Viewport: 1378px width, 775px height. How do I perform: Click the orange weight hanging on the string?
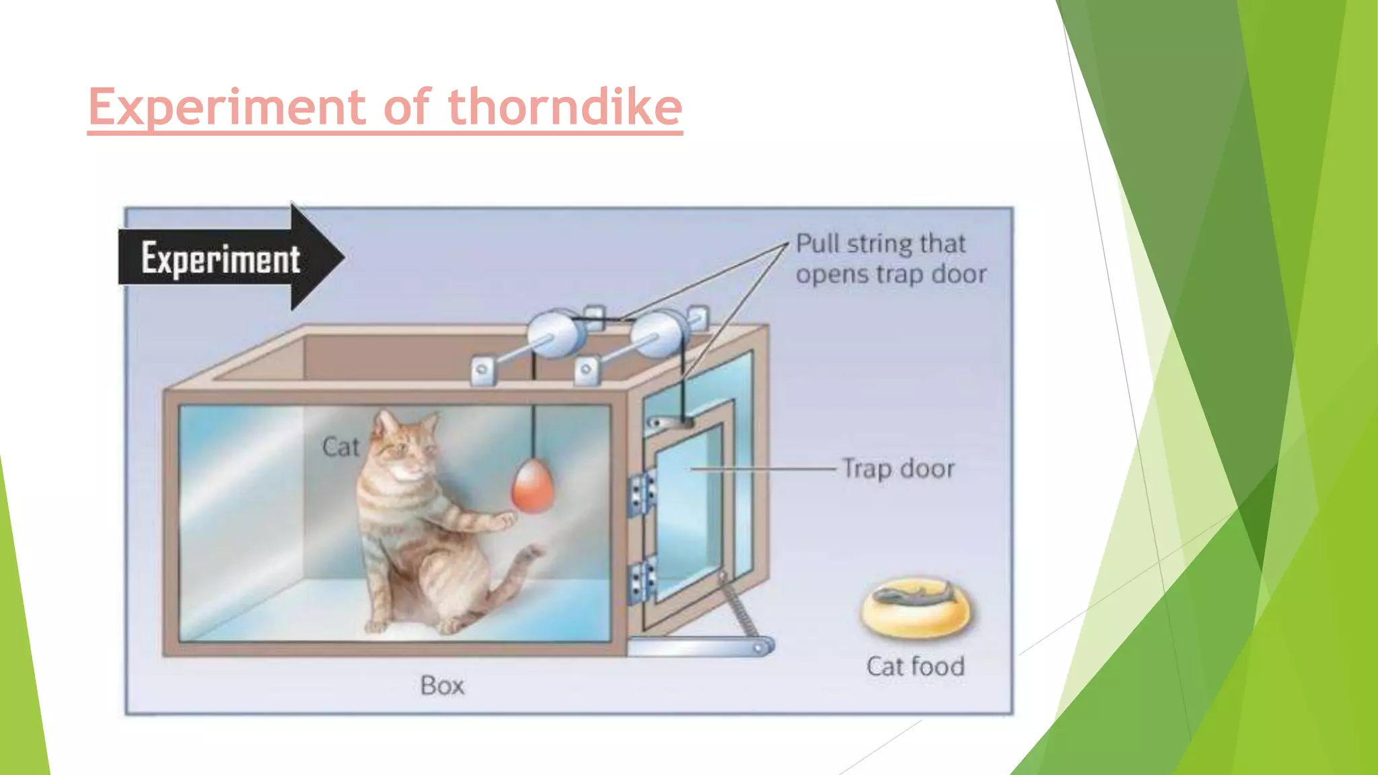pos(533,486)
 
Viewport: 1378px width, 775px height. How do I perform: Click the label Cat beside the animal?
pos(340,447)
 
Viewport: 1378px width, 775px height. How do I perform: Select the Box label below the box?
pos(442,686)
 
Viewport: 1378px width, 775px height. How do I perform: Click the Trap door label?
pos(898,469)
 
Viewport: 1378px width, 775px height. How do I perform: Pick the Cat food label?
pos(915,666)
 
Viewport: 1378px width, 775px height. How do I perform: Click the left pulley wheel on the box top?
pos(555,334)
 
